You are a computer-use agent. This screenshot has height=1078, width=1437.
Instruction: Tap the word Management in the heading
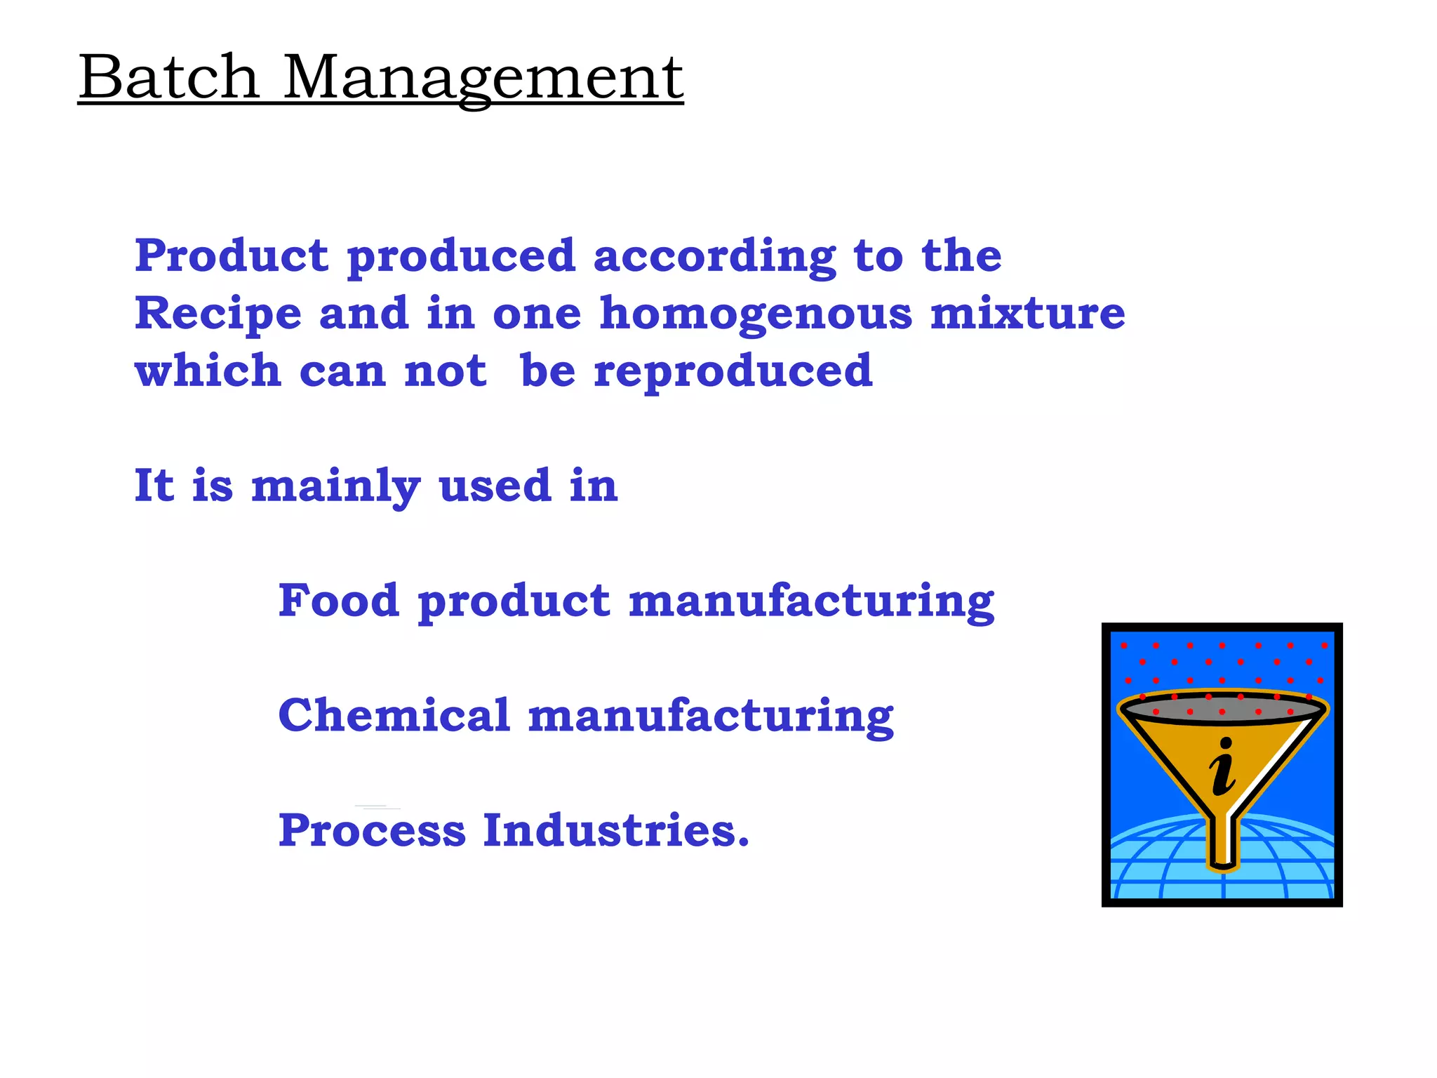click(483, 79)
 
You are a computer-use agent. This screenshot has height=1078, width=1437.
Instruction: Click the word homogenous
click(756, 314)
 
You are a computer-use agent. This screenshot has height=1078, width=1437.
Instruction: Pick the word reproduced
click(733, 372)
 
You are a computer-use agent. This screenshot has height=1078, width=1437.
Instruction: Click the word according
click(714, 257)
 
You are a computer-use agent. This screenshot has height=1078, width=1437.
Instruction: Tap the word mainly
click(336, 486)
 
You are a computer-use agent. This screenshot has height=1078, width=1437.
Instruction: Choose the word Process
click(372, 830)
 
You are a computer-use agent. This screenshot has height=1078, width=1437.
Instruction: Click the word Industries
click(615, 830)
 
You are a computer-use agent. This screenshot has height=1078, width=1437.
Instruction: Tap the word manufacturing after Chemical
click(711, 717)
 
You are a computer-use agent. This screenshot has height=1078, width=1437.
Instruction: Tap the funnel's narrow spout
click(1223, 842)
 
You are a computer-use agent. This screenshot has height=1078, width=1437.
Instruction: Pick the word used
click(495, 486)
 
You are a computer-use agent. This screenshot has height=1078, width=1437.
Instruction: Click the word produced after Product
click(461, 257)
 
